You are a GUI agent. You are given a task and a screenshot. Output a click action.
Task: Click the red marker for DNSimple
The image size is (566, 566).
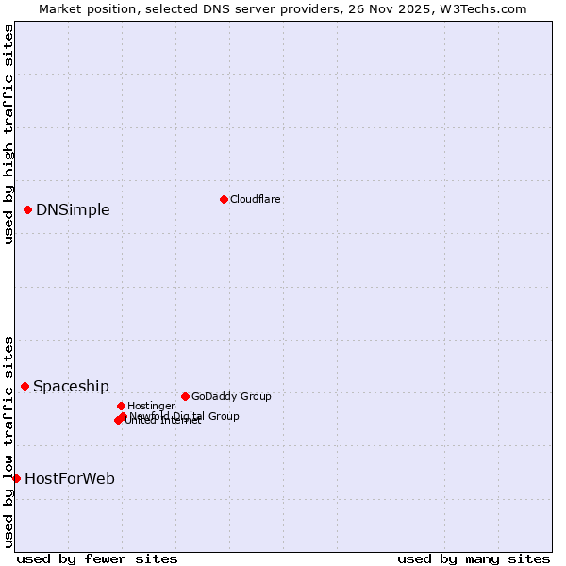click(28, 209)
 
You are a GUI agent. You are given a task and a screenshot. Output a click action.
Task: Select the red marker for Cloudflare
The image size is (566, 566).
click(224, 199)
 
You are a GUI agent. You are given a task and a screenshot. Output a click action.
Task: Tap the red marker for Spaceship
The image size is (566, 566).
click(25, 386)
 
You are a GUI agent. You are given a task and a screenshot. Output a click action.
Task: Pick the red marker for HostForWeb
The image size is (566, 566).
click(16, 478)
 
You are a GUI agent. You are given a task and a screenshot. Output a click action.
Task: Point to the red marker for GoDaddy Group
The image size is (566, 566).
click(185, 396)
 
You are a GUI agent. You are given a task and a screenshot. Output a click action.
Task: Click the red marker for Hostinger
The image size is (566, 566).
click(122, 406)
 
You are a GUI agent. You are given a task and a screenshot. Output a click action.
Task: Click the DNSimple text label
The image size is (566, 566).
click(73, 209)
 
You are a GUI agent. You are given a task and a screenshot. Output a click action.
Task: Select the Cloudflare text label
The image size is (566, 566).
click(256, 199)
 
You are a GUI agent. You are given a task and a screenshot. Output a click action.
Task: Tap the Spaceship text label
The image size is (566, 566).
click(71, 386)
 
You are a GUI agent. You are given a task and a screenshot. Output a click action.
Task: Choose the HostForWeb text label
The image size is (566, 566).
click(70, 478)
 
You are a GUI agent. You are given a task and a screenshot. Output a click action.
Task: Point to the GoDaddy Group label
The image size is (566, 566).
click(231, 396)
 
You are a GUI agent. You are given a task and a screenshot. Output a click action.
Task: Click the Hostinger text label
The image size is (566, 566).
click(152, 406)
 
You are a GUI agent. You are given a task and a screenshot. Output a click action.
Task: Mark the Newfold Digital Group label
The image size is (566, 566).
click(185, 416)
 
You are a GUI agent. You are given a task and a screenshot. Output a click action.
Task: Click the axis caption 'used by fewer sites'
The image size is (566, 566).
click(97, 558)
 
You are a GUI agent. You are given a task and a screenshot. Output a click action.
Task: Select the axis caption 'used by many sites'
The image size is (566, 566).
click(474, 558)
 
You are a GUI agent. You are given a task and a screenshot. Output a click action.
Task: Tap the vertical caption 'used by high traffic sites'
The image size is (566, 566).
click(8, 134)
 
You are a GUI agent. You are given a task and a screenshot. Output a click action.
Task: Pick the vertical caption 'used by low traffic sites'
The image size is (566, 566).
click(8, 441)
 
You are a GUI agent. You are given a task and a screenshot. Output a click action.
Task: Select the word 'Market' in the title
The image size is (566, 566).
click(61, 8)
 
